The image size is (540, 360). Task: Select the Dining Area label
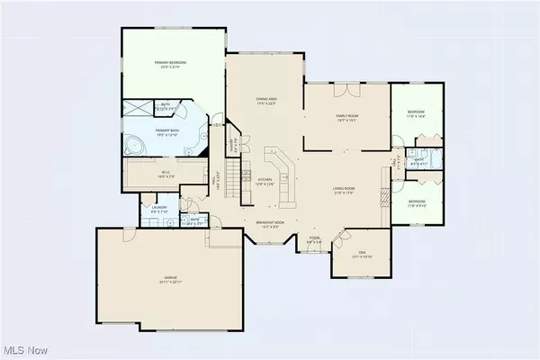[265, 103]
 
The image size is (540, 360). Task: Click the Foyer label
[315, 241]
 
